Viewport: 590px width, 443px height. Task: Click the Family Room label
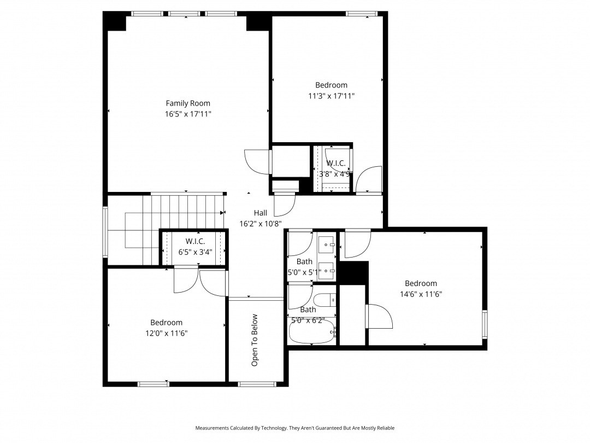click(188, 103)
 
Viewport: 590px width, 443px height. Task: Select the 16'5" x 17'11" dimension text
click(188, 114)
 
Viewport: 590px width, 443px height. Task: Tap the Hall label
click(261, 213)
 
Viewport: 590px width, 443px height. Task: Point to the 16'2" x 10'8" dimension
click(261, 224)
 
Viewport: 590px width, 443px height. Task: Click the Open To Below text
click(255, 340)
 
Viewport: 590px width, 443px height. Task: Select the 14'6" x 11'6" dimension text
click(421, 294)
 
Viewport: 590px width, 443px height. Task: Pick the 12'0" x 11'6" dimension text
click(166, 334)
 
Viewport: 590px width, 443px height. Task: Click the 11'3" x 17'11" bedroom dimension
click(331, 96)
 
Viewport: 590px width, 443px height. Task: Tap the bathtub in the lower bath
click(311, 331)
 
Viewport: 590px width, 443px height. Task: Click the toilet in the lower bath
click(324, 300)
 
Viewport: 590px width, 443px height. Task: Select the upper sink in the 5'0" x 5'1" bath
click(326, 245)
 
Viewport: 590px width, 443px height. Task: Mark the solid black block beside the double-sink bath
click(353, 273)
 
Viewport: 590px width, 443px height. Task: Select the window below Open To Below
click(257, 384)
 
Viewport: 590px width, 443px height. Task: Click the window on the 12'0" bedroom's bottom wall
click(154, 384)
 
